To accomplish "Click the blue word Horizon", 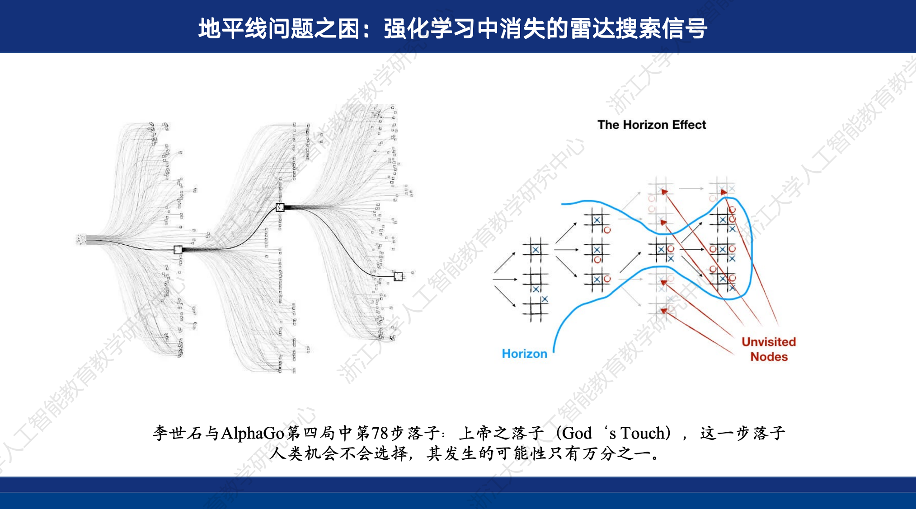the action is pos(524,354).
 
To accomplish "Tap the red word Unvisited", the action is pos(768,342).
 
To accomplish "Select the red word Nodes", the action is pos(769,357).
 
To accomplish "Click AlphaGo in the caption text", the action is pos(252,433).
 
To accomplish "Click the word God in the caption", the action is pos(577,433).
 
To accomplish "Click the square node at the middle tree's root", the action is pos(280,207).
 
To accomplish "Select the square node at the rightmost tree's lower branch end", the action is pos(398,276).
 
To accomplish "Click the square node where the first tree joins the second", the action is pos(178,249).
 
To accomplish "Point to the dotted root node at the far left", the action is pos(81,239).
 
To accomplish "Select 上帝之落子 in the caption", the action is pos(501,433).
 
